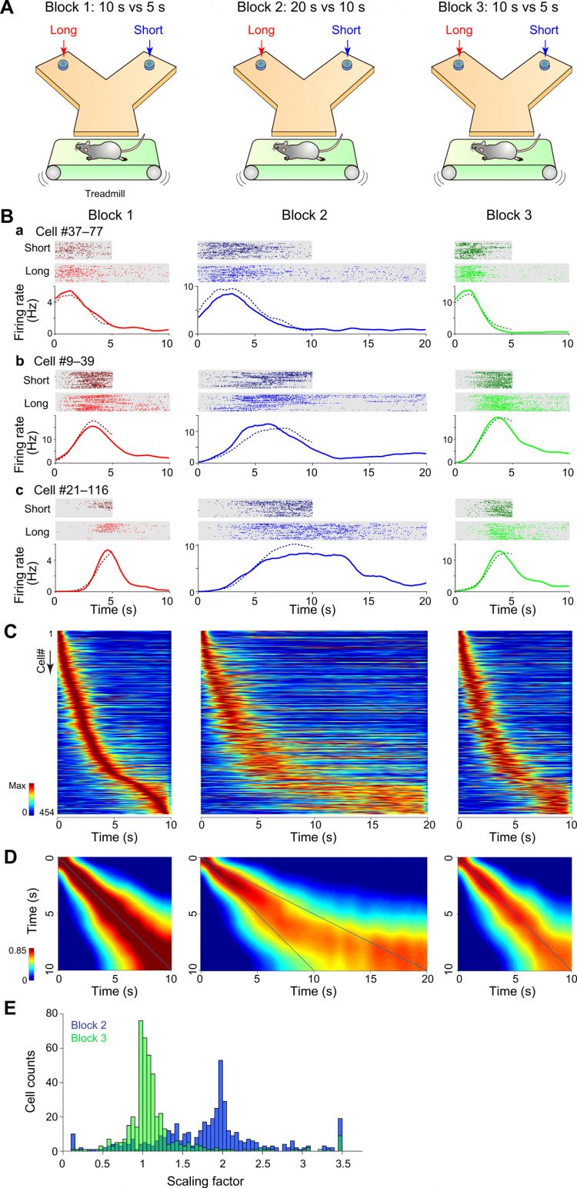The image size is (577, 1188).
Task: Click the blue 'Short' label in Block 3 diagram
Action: pos(544,30)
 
